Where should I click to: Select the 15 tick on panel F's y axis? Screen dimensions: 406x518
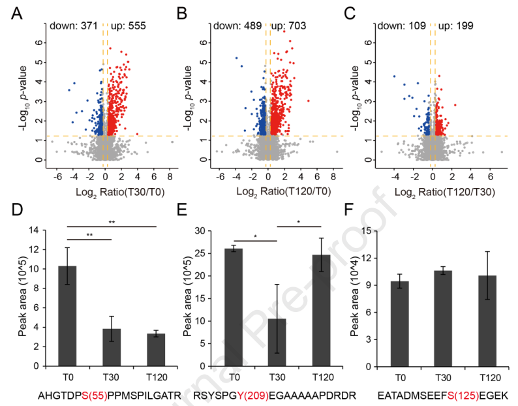[385, 230]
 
